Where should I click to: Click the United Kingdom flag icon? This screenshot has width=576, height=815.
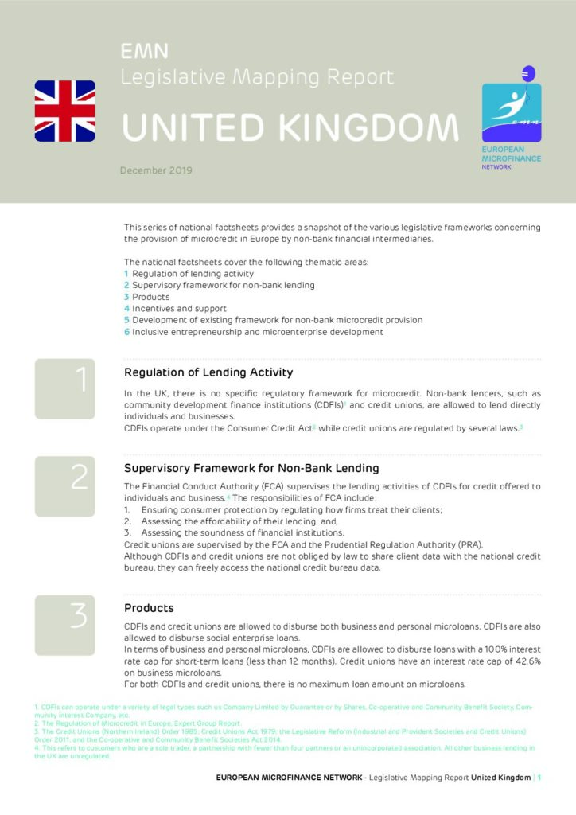coord(64,111)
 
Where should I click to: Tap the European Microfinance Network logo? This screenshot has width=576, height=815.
coord(511,112)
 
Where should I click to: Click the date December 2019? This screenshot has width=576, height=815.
coord(156,170)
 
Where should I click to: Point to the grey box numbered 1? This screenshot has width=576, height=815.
coord(64,388)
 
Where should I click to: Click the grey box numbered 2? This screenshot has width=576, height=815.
coord(64,486)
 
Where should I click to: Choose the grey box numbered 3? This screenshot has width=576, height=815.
coord(64,625)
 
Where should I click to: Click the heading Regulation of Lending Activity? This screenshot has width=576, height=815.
coord(208,372)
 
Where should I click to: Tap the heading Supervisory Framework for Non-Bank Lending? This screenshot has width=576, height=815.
coord(251,468)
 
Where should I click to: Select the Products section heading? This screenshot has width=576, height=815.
coord(149,609)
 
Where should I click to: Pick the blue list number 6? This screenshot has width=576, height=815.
coord(126,332)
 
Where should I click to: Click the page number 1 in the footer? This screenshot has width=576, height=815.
coord(539,777)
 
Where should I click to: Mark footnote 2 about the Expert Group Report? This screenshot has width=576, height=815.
coord(138,724)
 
